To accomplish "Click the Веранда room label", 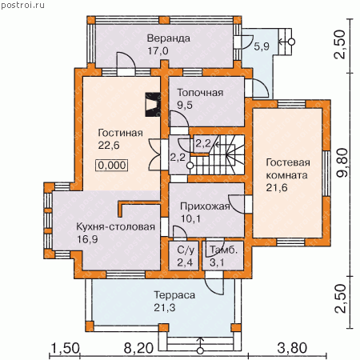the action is tap(169, 38).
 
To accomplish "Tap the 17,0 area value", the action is tap(158, 50).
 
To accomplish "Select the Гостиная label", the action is tap(121, 133).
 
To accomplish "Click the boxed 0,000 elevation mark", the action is tap(112, 166).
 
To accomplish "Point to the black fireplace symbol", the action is tap(153, 105).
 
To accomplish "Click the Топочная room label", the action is tap(200, 93).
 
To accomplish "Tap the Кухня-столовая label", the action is tap(115, 227).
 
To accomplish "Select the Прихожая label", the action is tap(205, 206).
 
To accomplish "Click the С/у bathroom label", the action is tap(186, 250).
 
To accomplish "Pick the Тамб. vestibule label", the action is tap(223, 250).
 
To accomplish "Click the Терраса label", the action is tap(174, 295).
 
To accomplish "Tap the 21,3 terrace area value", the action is tap(165, 308).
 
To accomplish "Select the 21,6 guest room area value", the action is tap(277, 188).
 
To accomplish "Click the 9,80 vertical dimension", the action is tap(342, 162).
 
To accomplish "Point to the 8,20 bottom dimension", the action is tap(138, 348).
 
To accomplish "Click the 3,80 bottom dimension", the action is tap(292, 348).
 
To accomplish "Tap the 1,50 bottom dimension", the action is tap(65, 348).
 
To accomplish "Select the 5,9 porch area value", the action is tap(262, 46).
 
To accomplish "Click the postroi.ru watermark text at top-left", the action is tap(22, 5).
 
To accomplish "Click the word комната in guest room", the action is tap(286, 175).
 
